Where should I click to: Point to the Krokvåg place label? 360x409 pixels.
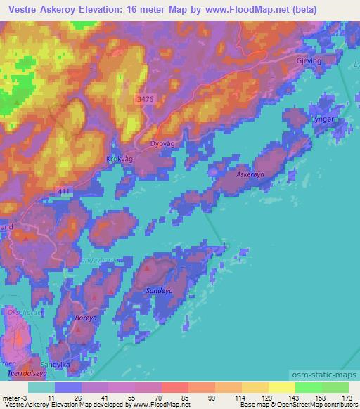tap(119, 159)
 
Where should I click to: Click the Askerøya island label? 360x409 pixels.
tap(250, 173)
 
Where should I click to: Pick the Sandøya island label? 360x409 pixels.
tap(157, 290)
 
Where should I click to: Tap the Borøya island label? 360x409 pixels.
tap(85, 318)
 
